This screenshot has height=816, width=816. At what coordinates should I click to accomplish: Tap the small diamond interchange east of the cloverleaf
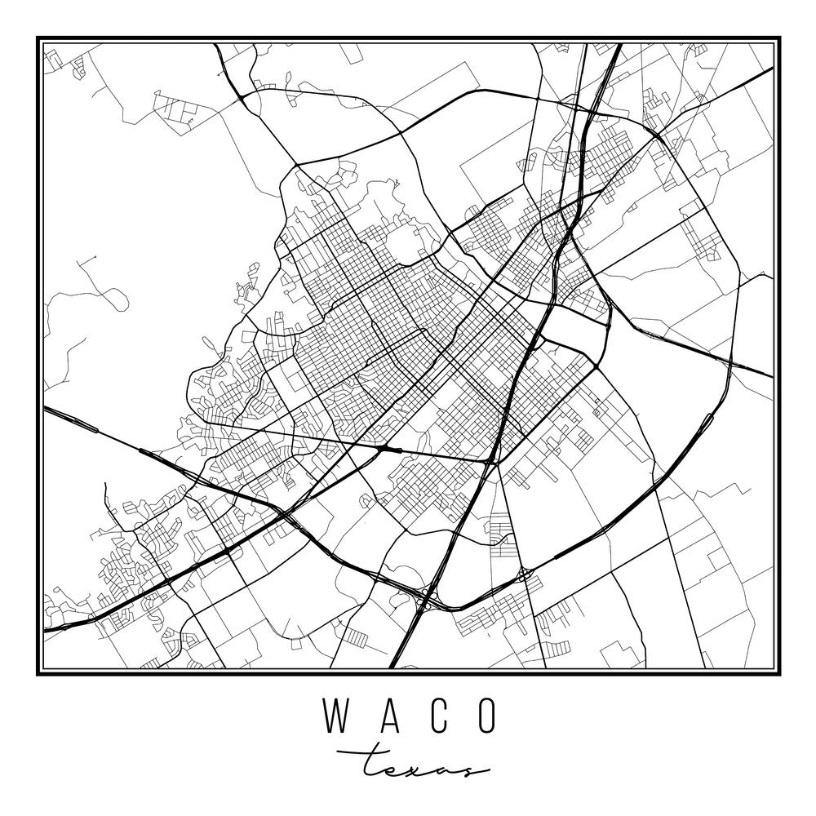(524, 575)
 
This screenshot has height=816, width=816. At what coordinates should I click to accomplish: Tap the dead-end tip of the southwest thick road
(106, 485)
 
